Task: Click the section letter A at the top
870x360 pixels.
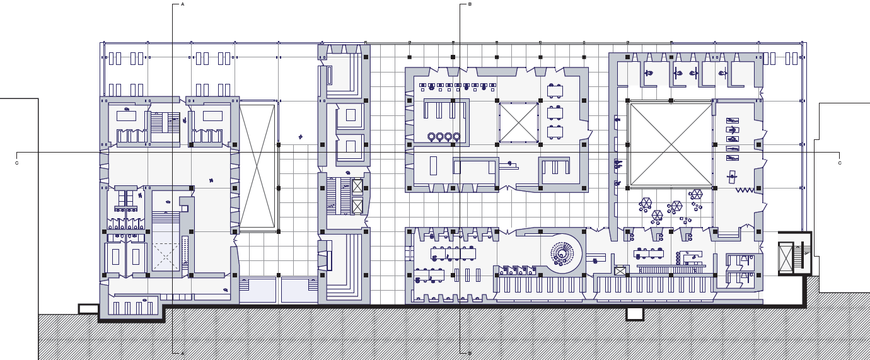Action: [x=183, y=4]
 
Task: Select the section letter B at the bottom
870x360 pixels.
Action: [x=470, y=353]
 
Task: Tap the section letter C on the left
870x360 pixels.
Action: [x=16, y=163]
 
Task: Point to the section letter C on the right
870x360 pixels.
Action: [x=840, y=163]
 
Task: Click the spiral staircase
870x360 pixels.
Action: [x=562, y=254]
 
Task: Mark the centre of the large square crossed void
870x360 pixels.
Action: [x=671, y=144]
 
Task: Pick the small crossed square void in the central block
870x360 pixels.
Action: [x=518, y=122]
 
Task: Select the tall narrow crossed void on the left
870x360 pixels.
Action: [x=257, y=166]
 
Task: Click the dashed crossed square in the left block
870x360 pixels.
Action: [x=166, y=257]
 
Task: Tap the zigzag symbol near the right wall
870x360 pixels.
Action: [x=745, y=190]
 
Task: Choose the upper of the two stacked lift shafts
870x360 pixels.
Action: [x=357, y=186]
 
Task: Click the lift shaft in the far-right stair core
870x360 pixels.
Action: [x=786, y=257]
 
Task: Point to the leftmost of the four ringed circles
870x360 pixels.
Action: [x=431, y=137]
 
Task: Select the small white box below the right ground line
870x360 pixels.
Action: [x=635, y=314]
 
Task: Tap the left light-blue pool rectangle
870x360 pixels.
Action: [x=257, y=290]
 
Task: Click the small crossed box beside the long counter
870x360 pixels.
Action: [x=620, y=271]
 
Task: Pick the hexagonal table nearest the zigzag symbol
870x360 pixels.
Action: [x=695, y=194]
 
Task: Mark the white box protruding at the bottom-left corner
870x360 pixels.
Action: [x=88, y=309]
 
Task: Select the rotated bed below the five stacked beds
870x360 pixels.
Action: [x=732, y=177]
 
